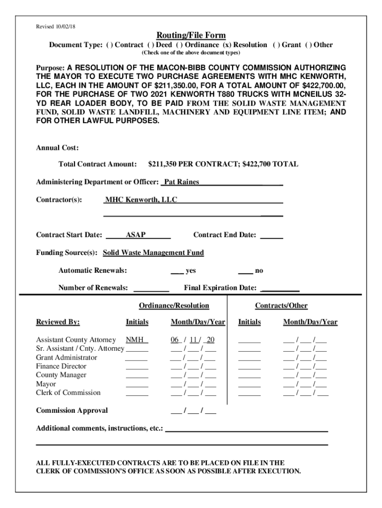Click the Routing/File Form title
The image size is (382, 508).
click(x=191, y=35)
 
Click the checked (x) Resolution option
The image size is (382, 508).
click(x=245, y=45)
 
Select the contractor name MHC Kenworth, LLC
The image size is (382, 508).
click(x=141, y=200)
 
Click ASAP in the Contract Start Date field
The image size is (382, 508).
click(x=135, y=235)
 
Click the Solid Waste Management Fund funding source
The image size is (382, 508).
click(x=153, y=253)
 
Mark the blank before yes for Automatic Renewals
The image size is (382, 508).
click(x=176, y=271)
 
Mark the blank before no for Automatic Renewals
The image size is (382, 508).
click(x=245, y=271)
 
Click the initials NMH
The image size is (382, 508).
click(x=137, y=340)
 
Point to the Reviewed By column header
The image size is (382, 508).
click(x=58, y=322)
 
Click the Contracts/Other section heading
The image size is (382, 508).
click(x=281, y=306)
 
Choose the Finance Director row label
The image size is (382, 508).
click(x=61, y=367)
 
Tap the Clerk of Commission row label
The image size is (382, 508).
click(x=68, y=393)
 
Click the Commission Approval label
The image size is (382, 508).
click(x=72, y=411)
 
